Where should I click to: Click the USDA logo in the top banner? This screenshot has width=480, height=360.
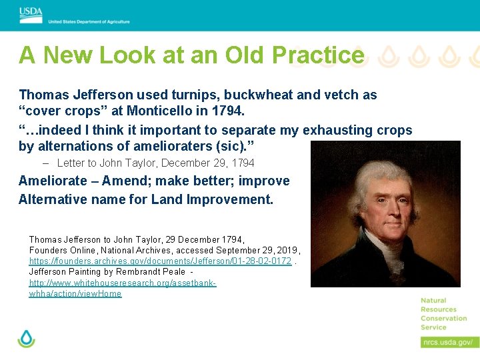tap(31, 11)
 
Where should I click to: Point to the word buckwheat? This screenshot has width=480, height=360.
tap(254, 95)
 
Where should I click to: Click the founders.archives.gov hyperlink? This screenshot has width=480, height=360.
tap(160, 261)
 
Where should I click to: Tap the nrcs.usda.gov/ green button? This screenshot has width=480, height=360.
tap(449, 342)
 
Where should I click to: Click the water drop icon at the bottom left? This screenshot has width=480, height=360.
tap(26, 339)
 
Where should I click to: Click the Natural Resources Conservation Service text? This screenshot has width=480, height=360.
tap(443, 314)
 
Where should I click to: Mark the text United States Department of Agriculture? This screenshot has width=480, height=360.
tap(89, 21)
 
